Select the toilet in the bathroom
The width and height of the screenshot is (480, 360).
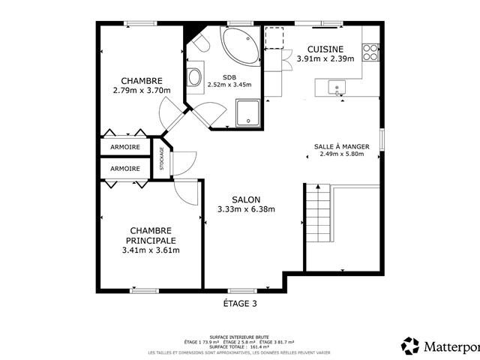(197, 44)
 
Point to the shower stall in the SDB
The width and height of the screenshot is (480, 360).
(247, 112)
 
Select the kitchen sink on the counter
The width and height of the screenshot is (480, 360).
(337, 88)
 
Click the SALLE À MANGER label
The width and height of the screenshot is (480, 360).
(341, 146)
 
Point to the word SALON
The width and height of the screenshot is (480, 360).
(246, 199)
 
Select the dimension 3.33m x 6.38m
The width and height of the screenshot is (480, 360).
(246, 209)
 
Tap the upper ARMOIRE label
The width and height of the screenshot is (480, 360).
(124, 147)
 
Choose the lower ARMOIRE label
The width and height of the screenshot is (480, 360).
(124, 169)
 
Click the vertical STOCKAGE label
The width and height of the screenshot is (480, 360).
(161, 158)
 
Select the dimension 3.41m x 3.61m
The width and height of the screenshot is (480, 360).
(150, 250)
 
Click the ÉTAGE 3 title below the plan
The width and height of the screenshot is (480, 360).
(240, 304)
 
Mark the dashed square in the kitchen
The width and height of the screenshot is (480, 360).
(274, 37)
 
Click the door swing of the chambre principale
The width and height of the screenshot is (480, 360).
(187, 192)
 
